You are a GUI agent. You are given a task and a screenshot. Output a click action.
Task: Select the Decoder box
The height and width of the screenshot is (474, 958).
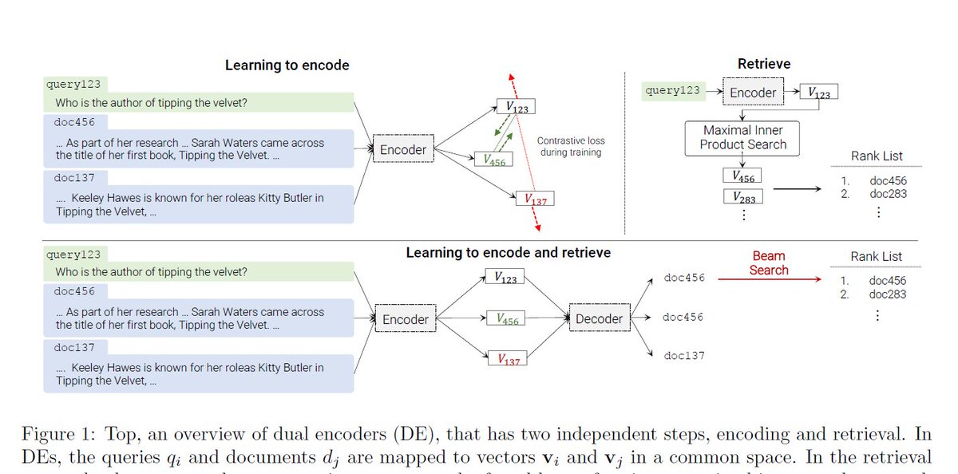[x=599, y=319]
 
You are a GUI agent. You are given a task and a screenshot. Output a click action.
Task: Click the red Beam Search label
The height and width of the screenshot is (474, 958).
[x=769, y=263]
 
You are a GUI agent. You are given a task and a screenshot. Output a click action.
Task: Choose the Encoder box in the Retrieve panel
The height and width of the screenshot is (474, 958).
[x=753, y=93]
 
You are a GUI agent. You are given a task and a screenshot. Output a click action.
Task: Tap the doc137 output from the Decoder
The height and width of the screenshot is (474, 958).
[x=683, y=356]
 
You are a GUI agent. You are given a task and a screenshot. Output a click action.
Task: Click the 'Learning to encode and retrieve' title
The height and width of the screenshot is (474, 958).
[x=509, y=252]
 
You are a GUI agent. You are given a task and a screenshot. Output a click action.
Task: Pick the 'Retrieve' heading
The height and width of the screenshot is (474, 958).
[x=764, y=64]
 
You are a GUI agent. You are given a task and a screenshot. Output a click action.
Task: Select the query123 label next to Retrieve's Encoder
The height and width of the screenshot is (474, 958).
[x=672, y=91]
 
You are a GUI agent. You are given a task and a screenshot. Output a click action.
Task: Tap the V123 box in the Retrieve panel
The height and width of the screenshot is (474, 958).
[x=818, y=93]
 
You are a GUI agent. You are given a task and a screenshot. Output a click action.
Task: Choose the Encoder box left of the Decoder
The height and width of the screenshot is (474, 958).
[x=406, y=319]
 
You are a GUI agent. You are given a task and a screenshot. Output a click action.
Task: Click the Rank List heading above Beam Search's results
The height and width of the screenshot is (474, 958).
[x=876, y=256]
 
